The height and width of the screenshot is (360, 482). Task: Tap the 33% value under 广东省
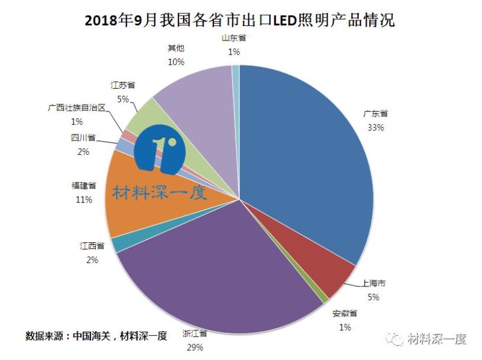[x=375, y=127]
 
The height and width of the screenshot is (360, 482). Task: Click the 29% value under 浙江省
[x=195, y=347]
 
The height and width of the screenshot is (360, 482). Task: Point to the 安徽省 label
[x=345, y=314]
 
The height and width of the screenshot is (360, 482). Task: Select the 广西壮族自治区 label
[x=77, y=107]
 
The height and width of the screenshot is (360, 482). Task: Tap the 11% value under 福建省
[x=83, y=200]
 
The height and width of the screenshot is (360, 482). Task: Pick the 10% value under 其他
[x=176, y=62]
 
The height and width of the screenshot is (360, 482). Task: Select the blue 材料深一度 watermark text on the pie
[x=159, y=192]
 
